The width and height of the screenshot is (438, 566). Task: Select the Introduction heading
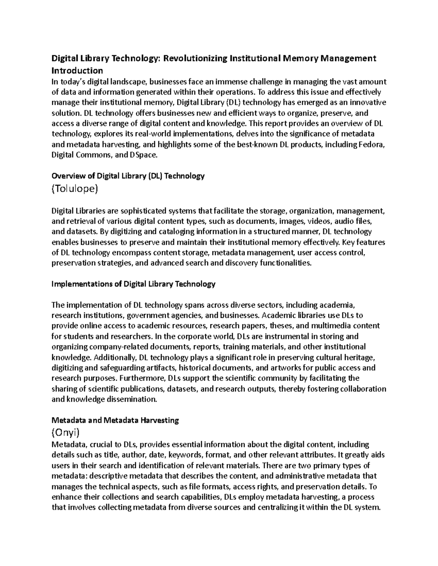click(77, 70)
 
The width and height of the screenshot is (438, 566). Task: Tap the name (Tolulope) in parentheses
click(75, 189)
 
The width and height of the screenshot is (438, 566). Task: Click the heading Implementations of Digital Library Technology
click(134, 284)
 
